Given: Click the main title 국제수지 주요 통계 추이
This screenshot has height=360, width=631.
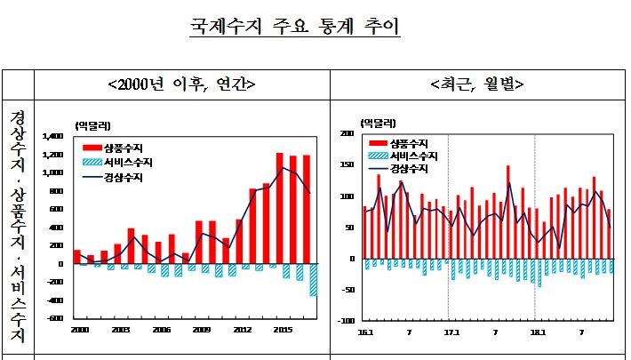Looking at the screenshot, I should click(295, 24).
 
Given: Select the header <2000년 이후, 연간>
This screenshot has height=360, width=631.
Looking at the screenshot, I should click(181, 85).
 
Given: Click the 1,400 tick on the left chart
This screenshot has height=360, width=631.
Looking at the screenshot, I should click(55, 136).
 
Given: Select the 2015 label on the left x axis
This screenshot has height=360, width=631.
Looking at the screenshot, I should click(280, 330).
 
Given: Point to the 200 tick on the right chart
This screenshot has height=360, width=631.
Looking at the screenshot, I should click(347, 133).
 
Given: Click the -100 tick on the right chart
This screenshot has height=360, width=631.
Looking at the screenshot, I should click(345, 321).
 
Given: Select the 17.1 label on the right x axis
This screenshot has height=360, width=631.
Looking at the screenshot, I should click(449, 332).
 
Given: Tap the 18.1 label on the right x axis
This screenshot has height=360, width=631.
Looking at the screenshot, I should click(535, 332).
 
